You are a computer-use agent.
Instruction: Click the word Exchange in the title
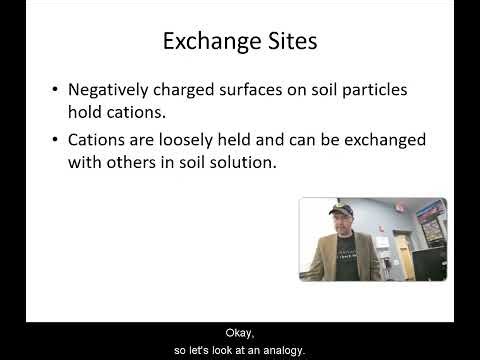(x=209, y=42)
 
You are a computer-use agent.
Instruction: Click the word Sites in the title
(x=290, y=42)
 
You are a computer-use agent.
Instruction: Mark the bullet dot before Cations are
(x=54, y=139)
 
